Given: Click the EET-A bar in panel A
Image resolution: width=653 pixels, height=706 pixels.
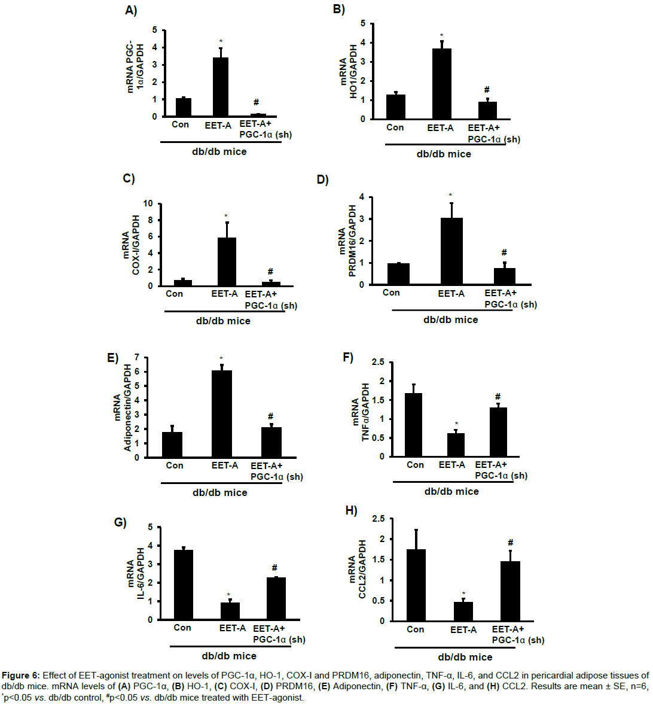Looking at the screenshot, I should point(220,87).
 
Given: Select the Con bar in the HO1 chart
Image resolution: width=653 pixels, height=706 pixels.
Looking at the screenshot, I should point(395,106).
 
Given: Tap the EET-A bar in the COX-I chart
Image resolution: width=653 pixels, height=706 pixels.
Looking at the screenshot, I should point(227,262).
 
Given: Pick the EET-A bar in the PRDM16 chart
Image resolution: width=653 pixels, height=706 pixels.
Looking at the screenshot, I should point(451,251).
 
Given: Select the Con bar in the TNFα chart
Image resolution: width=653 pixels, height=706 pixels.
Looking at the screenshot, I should point(414,425).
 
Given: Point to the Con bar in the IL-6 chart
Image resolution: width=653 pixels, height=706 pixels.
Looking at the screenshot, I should point(183,585).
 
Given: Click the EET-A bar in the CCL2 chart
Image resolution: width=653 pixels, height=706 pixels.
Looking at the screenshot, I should point(463,611).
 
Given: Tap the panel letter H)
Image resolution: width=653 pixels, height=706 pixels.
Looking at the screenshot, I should point(351,510).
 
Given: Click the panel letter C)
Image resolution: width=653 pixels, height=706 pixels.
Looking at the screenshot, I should point(129,178).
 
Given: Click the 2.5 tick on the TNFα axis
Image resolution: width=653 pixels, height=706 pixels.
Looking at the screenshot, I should point(377,362).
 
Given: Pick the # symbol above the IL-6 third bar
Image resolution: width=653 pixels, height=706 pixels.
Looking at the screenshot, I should point(274,568).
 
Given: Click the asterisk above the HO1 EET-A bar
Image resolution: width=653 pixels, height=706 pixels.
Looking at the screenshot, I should point(441,36).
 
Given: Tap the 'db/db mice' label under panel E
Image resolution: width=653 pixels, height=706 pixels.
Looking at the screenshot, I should point(219,492).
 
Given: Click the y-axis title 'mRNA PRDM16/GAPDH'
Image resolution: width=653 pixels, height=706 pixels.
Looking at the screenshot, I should point(347,241).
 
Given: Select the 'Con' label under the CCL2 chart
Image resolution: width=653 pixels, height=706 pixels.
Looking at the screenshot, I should point(415,629).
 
